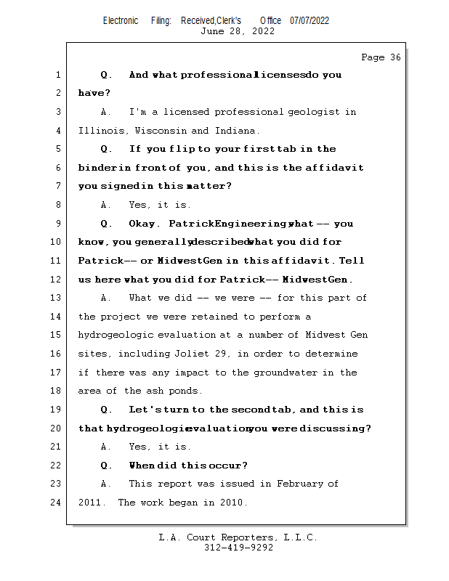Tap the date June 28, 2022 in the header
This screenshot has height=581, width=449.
pyautogui.click(x=238, y=31)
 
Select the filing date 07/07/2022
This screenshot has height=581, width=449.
pyautogui.click(x=310, y=20)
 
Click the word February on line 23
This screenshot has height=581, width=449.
pyautogui.click(x=297, y=484)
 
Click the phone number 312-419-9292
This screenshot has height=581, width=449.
pyautogui.click(x=238, y=548)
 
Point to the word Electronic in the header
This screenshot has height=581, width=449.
pyautogui.click(x=121, y=20)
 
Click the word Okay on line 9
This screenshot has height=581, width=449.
pyautogui.click(x=143, y=224)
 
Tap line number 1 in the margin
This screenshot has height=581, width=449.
pyautogui.click(x=57, y=75)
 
